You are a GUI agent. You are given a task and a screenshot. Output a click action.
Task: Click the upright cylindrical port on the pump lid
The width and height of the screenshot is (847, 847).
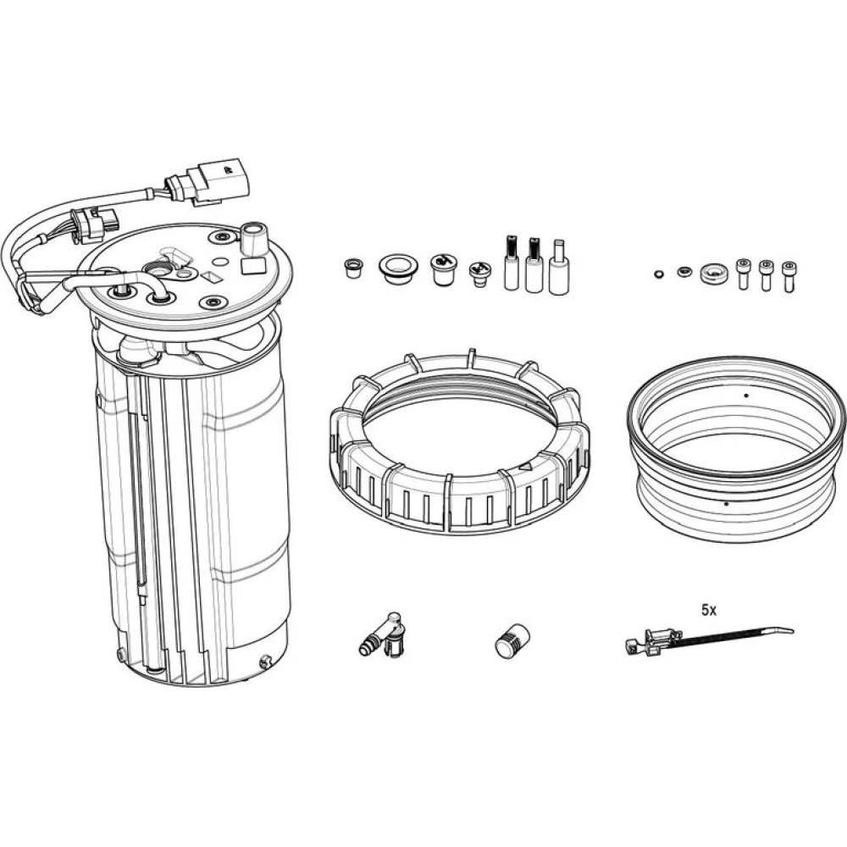pos(253,238)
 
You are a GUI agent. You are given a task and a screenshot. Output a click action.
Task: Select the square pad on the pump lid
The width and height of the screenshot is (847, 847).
pos(252,266)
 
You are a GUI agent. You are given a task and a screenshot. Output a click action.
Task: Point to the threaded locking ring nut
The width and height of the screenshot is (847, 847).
pos(459,443)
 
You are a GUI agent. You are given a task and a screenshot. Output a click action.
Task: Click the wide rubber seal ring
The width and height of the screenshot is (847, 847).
pos(736,448)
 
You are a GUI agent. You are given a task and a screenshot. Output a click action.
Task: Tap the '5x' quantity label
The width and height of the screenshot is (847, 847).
pos(709,611)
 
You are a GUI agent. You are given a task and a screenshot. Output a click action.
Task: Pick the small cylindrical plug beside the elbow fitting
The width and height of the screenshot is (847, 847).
pos(512,641)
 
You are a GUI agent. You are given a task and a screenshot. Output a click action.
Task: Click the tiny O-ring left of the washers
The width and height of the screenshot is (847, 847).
pos(657,274)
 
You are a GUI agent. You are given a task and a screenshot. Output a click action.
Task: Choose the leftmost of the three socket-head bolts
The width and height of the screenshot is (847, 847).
pos(744,275)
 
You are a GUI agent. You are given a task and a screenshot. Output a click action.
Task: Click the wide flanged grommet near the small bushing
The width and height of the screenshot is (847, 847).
pos(398,269)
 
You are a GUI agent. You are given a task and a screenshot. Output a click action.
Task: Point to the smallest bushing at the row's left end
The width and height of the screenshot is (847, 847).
pos(352,268)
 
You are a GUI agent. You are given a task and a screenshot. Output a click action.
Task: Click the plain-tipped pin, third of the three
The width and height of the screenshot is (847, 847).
pos(559,268)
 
